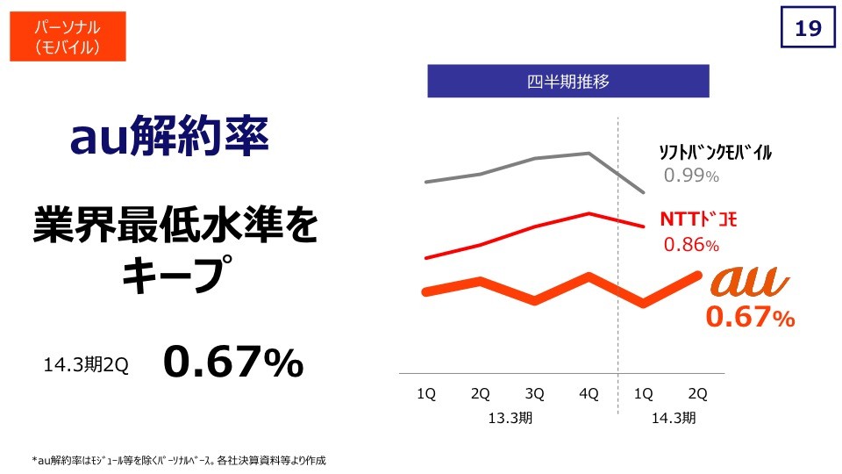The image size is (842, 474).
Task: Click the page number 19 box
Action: [807, 29]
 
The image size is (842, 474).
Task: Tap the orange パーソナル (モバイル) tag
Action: [68, 36]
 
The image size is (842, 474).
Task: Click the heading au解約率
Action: [170, 138]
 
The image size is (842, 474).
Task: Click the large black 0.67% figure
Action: [232, 363]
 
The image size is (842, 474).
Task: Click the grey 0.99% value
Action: [691, 176]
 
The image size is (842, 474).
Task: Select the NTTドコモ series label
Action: [697, 219]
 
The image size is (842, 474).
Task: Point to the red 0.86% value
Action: [691, 245]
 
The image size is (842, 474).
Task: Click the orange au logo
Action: [750, 282]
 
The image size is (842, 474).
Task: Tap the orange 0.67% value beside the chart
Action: [750, 318]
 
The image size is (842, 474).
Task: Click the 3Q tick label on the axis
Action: [534, 394]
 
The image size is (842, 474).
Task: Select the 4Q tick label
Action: [589, 394]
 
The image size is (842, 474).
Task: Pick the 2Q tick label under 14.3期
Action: [698, 394]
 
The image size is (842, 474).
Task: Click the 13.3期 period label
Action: [510, 418]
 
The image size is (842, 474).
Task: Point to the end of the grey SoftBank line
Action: [645, 192]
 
